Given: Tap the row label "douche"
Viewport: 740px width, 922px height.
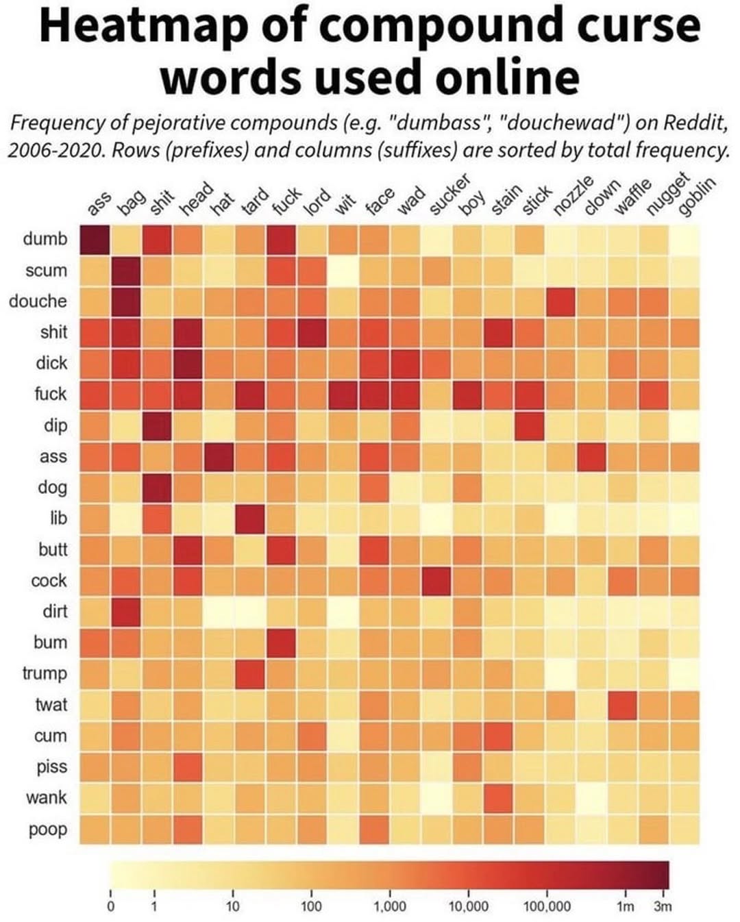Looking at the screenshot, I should pyautogui.click(x=38, y=301).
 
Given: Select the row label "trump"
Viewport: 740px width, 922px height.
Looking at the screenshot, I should pyautogui.click(x=45, y=673).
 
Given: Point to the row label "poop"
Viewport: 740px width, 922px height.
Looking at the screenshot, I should pyautogui.click(x=48, y=829).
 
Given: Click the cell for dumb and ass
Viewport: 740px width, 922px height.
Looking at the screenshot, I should pyautogui.click(x=95, y=239).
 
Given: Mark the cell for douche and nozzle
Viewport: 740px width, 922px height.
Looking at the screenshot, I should pyautogui.click(x=560, y=301).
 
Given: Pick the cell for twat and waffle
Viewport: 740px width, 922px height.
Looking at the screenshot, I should pyautogui.click(x=622, y=705).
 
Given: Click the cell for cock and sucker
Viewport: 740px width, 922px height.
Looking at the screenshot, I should pyautogui.click(x=436, y=581).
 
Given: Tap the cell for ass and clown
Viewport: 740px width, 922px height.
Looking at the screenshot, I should pyautogui.click(x=591, y=456).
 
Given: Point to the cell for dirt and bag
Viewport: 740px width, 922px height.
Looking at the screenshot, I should pyautogui.click(x=125, y=612).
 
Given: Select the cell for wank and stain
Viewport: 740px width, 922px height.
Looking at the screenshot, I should pyautogui.click(x=498, y=798).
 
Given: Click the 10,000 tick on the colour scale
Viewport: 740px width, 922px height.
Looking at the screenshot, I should pyautogui.click(x=468, y=906).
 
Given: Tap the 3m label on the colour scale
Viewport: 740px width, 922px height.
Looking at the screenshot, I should pyautogui.click(x=663, y=906).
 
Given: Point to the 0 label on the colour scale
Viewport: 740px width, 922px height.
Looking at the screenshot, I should pyautogui.click(x=110, y=906).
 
